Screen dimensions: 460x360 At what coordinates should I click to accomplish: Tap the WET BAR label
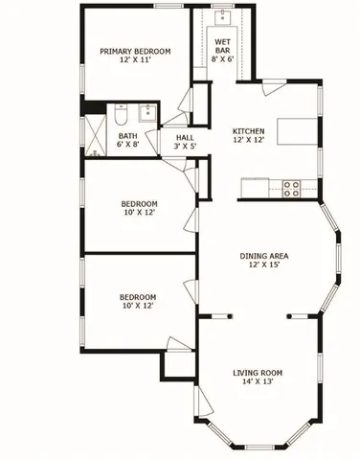[x=222, y=42]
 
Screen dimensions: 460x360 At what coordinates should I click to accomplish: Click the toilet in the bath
[x=120, y=115]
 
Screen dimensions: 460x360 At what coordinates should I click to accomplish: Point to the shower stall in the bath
[x=96, y=133]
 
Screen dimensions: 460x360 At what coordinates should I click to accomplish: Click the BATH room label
[x=127, y=136]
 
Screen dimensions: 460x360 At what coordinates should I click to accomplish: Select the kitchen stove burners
[x=291, y=188]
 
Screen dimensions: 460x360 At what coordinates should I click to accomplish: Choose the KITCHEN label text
[x=252, y=131]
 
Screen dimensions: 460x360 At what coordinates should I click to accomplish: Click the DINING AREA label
[x=264, y=256]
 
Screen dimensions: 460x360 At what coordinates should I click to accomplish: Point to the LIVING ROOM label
[x=259, y=373]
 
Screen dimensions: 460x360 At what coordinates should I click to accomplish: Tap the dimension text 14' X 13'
[x=259, y=383]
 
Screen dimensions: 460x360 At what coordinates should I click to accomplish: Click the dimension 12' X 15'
[x=264, y=266]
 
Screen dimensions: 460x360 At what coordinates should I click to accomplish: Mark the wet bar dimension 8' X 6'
[x=222, y=58]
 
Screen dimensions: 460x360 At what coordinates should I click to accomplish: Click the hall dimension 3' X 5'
[x=184, y=147]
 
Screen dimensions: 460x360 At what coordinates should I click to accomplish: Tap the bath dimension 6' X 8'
[x=127, y=147]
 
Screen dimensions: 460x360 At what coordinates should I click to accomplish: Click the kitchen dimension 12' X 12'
[x=252, y=141]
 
